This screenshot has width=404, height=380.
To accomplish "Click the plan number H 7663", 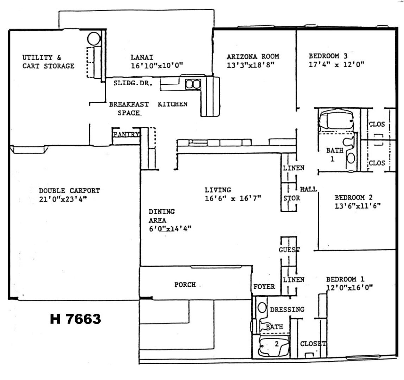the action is (x=75, y=319).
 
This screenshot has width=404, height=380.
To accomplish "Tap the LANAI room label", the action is (x=142, y=57).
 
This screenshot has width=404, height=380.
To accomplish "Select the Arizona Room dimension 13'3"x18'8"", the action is (x=251, y=65).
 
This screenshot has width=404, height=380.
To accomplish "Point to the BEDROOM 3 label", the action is (x=328, y=56).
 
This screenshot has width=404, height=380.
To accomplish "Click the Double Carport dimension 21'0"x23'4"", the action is (x=63, y=199).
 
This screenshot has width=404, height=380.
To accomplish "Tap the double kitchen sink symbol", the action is (x=193, y=84).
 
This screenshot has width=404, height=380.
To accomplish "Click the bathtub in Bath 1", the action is (x=336, y=120).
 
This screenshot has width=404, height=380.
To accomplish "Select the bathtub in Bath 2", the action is (x=274, y=346).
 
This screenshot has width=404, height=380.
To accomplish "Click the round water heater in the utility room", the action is (x=94, y=39).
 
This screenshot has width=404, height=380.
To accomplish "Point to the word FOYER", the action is (x=264, y=287).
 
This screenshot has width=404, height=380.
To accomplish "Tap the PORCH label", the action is (x=185, y=285).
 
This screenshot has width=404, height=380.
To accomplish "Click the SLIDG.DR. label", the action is (x=133, y=83).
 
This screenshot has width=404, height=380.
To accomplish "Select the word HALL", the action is (x=308, y=189).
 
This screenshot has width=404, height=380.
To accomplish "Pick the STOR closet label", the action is (x=292, y=198).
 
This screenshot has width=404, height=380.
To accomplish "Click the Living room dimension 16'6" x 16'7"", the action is (x=233, y=198).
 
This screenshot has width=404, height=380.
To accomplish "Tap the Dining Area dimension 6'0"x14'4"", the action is (x=170, y=228).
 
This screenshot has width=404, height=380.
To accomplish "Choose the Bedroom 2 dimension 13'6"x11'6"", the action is (x=358, y=206).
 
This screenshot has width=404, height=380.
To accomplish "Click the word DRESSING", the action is (x=287, y=309).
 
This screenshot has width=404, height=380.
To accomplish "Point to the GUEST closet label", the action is (x=289, y=250).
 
